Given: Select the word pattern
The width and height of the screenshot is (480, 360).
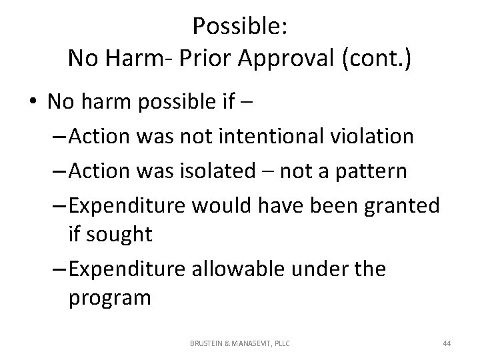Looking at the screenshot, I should pyautogui.click(x=371, y=171).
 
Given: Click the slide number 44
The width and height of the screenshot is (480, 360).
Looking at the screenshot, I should pyautogui.click(x=447, y=343).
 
